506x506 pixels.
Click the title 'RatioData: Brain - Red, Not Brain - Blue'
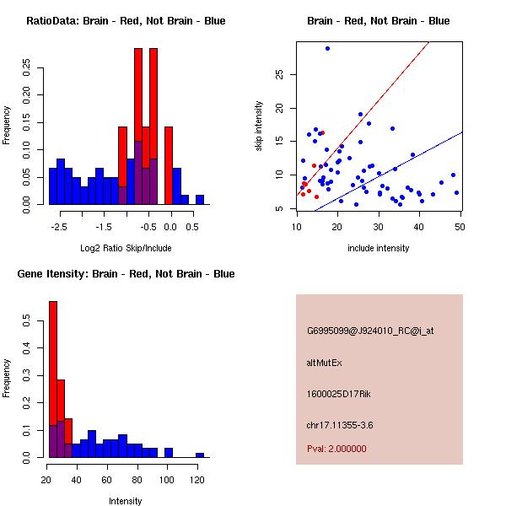pos(126,21)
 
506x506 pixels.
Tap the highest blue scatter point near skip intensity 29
pos(327,48)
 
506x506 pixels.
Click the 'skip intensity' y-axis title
pos(259,126)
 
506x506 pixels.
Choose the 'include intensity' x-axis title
pos(379,248)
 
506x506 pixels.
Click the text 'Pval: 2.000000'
pos(336,449)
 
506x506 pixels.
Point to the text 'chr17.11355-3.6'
pos(339,424)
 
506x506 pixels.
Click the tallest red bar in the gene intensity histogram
pos(53,379)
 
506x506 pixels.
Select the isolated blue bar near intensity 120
pos(200,455)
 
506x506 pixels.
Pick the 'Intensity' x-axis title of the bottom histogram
pos(126,501)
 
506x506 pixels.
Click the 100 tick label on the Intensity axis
pos(167,481)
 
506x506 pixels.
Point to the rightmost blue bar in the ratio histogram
pos(200,199)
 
